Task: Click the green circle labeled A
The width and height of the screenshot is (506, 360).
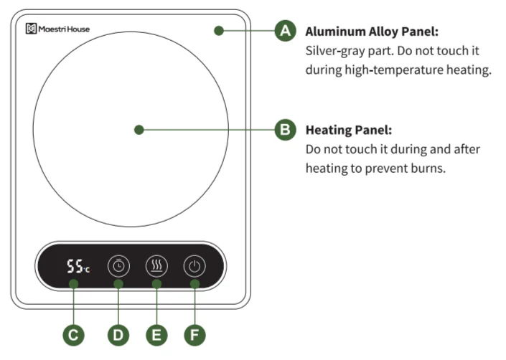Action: pos(285,31)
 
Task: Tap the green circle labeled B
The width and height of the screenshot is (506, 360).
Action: pos(285,130)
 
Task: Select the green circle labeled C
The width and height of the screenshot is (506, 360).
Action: pos(74,335)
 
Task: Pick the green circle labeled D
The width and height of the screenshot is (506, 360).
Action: pos(118,335)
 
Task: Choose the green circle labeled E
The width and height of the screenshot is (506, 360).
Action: pos(156,335)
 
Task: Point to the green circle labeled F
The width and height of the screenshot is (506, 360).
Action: pos(195,335)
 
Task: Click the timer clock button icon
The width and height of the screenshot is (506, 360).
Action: pos(118,266)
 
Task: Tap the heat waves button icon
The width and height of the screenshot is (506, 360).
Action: pos(156,266)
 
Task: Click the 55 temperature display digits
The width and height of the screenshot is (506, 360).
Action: pos(75,267)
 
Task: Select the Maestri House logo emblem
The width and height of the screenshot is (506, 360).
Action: pos(31,29)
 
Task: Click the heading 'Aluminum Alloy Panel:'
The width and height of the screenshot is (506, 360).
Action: pos(372,32)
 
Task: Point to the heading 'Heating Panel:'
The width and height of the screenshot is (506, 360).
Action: pos(349,131)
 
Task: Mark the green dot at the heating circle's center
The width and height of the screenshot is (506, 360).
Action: pos(139,130)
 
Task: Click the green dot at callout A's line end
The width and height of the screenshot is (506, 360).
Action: pos(219,31)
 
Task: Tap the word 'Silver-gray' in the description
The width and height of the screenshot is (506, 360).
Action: pos(333,51)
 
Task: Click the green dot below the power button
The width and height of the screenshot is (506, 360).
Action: pos(195,284)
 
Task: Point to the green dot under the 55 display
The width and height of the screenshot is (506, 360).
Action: pos(74,284)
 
